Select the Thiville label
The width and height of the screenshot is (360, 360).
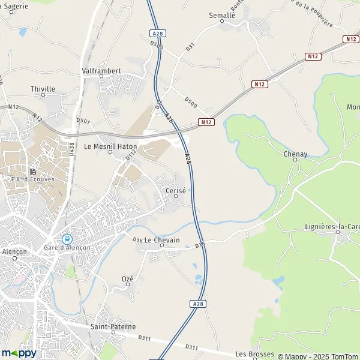(x=43, y=89)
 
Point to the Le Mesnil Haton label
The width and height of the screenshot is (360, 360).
(x=110, y=146)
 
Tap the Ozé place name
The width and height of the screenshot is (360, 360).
(x=127, y=279)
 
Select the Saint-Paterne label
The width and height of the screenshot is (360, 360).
(x=113, y=326)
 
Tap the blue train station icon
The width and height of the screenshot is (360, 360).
(x=67, y=239)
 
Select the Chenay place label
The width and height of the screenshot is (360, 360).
(x=295, y=154)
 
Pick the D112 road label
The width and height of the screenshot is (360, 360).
(x=131, y=155)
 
